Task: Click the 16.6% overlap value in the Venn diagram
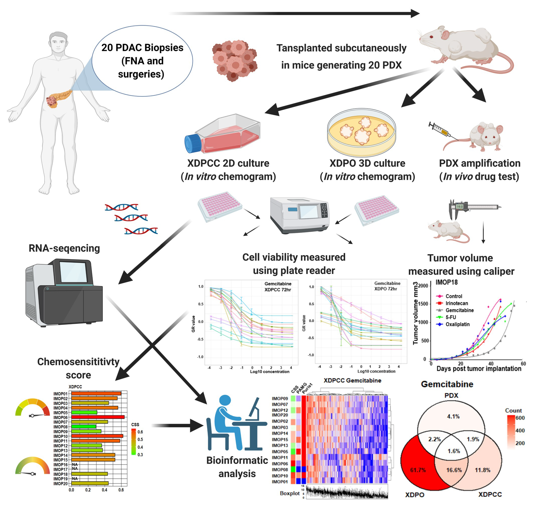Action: click(454, 470)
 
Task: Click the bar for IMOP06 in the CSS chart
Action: click(98, 417)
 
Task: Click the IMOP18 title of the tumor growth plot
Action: click(446, 282)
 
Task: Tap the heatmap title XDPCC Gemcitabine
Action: click(352, 380)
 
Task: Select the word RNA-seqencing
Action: click(64, 248)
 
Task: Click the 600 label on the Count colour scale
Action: click(520, 418)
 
